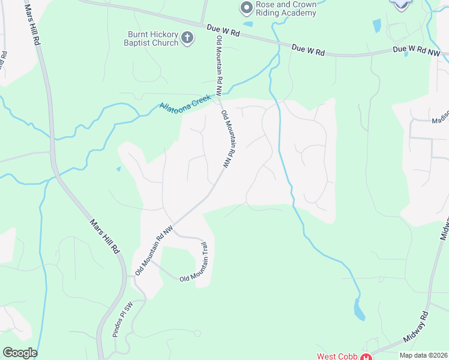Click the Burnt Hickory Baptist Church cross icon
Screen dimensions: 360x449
click(x=187, y=38)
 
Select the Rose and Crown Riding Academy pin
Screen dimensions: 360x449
click(x=245, y=8)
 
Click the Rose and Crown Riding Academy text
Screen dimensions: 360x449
click(x=286, y=8)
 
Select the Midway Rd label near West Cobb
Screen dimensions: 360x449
click(x=417, y=328)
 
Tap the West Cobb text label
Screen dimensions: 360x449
click(x=338, y=356)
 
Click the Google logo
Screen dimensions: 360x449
click(x=20, y=353)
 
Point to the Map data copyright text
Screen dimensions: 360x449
click(x=423, y=355)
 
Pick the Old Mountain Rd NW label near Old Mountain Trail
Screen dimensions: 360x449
click(x=154, y=250)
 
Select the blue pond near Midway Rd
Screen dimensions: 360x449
click(x=359, y=310)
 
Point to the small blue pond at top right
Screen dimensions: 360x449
click(x=376, y=25)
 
